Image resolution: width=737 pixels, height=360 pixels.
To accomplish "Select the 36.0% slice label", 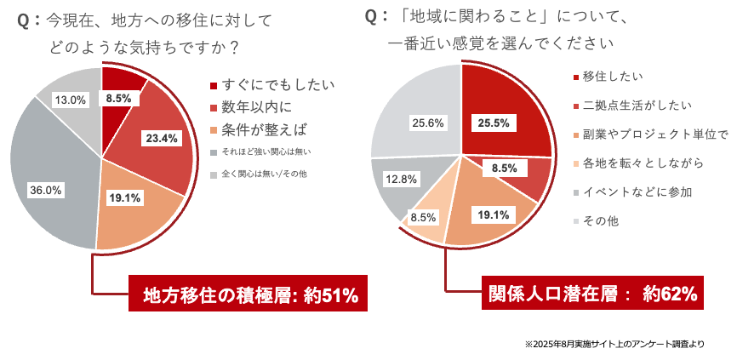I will coord(45,191).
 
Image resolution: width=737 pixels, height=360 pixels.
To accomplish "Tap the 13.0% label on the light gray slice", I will coord(70,100).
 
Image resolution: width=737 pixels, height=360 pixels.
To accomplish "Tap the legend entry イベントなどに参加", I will coord(631,192).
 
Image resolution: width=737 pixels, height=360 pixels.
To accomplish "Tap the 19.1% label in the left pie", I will coord(125,197).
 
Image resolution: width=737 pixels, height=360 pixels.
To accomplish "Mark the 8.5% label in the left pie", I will coord(118,99).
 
